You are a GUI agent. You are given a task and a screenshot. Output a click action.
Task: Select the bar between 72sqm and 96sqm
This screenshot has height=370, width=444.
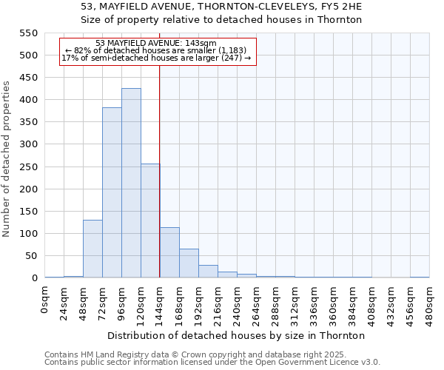(x=112, y=192)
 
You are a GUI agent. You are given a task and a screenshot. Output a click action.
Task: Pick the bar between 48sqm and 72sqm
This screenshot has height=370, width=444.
(x=92, y=249)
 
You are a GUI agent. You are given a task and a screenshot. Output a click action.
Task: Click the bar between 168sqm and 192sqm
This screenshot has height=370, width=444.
(x=189, y=263)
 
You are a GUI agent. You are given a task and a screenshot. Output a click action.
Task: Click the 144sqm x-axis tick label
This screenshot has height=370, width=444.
(x=161, y=302)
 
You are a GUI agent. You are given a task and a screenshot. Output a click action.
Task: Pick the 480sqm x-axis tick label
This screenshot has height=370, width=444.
(x=430, y=302)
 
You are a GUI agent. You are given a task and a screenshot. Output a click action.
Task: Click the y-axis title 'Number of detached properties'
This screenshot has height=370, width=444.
(x=7, y=159)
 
